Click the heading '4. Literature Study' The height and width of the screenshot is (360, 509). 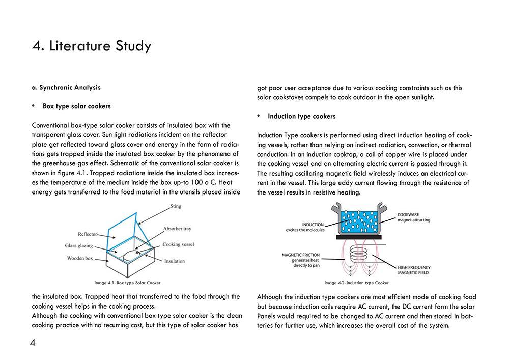tap(92, 46)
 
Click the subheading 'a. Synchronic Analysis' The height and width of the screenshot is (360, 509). tap(66, 88)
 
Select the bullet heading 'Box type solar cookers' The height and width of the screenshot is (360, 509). tap(76, 106)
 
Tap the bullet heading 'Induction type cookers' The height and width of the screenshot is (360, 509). tap(301, 116)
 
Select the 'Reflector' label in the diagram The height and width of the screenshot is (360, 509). tap(88, 235)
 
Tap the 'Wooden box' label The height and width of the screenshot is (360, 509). tap(80, 258)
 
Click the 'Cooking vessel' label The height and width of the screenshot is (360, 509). tap(179, 244)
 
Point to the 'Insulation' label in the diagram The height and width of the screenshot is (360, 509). tap(175, 261)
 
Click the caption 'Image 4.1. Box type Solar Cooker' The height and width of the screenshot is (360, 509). tap(124, 282)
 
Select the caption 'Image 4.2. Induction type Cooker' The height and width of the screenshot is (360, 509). tap(356, 282)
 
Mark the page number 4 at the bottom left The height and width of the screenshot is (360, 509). tap(33, 343)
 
